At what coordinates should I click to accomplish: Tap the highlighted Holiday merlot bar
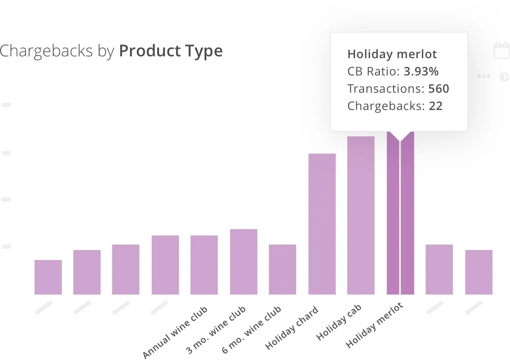(x=400, y=214)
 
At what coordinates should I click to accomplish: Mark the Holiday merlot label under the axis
(x=375, y=326)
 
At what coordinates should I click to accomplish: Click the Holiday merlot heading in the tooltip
(x=392, y=55)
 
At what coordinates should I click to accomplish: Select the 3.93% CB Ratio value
(x=421, y=71)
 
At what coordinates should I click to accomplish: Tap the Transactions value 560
(x=439, y=89)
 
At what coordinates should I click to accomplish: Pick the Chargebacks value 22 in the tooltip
(x=435, y=106)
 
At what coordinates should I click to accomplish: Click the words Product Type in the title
(x=171, y=51)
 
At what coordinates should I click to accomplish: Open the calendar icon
(x=501, y=50)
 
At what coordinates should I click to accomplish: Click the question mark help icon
(x=504, y=77)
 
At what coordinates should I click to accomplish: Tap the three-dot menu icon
(x=484, y=76)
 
